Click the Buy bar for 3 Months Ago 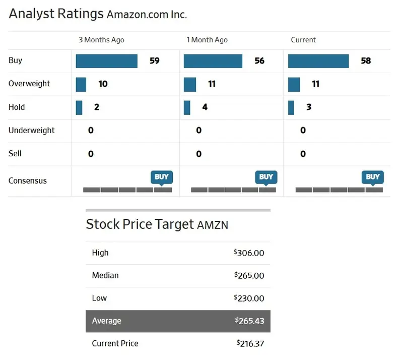coord(106,61)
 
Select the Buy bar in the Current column coord(318,61)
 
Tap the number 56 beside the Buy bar coord(259,61)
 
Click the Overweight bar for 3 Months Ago coord(81,84)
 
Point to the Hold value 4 coord(205,107)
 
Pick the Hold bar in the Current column coord(291,107)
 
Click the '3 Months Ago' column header coord(101,40)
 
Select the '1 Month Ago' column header coord(207,40)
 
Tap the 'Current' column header coord(303,40)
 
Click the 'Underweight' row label coord(32,131)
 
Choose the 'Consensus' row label coord(28,181)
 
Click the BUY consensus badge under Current coord(373,177)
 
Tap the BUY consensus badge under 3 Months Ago coord(162,177)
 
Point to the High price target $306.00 coord(249,253)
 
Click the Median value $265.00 coord(249,276)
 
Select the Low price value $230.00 coord(249,298)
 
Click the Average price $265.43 coord(249,321)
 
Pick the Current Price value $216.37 coord(250,344)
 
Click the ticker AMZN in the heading coord(212,225)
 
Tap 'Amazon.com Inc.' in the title coord(147,15)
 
